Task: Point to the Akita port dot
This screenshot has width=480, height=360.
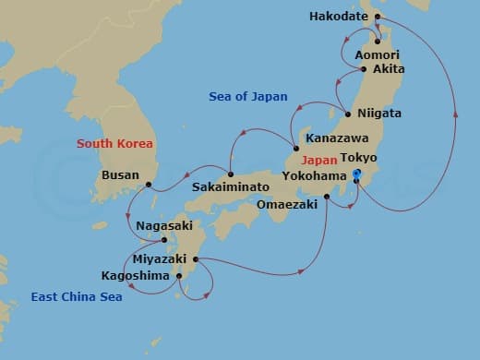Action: (364, 69)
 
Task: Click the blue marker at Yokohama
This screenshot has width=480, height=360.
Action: (357, 175)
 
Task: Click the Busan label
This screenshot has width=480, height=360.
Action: (121, 174)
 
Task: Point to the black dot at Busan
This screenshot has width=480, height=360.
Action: (148, 185)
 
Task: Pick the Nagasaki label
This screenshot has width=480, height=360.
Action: (163, 225)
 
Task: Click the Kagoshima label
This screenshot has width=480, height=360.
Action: (135, 275)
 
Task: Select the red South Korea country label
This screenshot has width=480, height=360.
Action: (114, 143)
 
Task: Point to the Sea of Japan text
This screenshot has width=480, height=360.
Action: (249, 96)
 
